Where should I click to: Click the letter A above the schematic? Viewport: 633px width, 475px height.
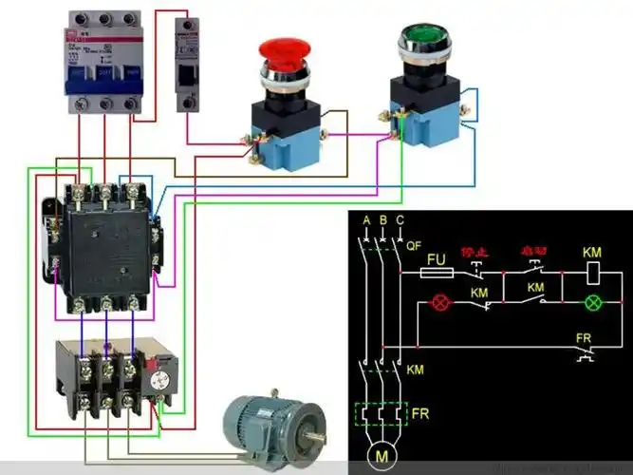[365, 220]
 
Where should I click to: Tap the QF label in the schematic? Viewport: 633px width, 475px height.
[413, 244]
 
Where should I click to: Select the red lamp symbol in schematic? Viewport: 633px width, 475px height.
[439, 303]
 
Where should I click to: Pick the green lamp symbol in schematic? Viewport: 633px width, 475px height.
[591, 303]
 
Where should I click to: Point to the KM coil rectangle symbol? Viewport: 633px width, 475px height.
[591, 272]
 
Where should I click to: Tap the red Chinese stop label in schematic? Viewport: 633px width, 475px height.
[474, 253]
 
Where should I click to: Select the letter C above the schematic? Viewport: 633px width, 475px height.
[400, 220]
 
